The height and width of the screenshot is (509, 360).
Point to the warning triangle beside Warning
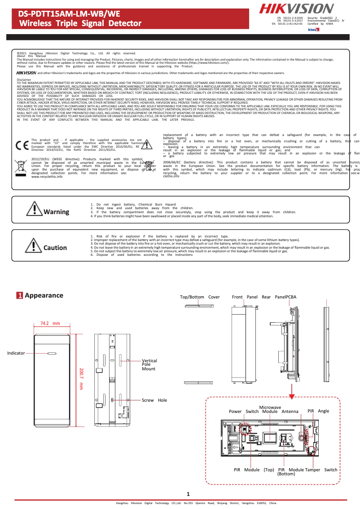(x=34, y=208)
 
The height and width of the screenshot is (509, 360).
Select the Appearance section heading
(x=44, y=295)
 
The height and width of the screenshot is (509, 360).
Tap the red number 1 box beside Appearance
(x=20, y=296)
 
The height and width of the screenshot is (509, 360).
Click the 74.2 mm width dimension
(x=50, y=323)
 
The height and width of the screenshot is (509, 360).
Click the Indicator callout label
(x=16, y=353)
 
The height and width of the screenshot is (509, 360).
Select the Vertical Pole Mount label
(x=149, y=364)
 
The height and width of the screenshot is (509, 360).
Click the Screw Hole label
(x=154, y=400)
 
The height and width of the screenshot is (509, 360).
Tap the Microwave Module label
(x=270, y=409)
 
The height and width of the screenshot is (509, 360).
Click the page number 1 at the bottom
(x=189, y=494)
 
